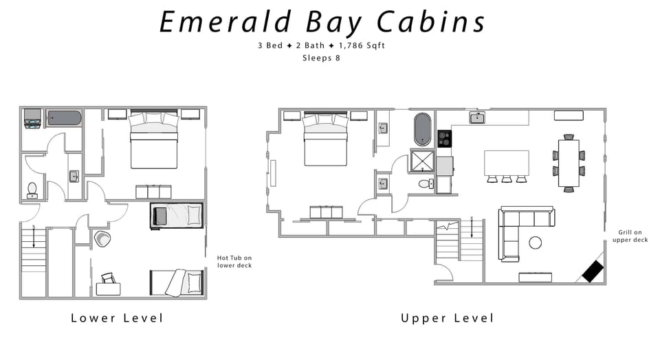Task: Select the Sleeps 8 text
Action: [x=321, y=58]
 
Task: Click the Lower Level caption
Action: [x=117, y=318]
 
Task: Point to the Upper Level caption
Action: [x=447, y=318]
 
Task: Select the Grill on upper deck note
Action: [x=630, y=236]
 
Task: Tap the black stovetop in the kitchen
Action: [x=445, y=138]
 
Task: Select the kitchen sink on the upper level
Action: [x=478, y=117]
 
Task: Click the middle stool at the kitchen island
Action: [x=507, y=179]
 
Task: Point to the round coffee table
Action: [x=535, y=243]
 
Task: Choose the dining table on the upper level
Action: [x=569, y=164]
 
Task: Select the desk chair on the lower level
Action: [x=108, y=278]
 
